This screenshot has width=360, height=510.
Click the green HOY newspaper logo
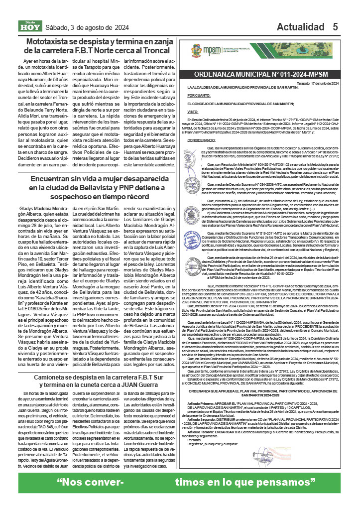(x=30, y=26)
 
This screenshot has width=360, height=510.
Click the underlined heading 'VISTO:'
(x=193, y=113)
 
